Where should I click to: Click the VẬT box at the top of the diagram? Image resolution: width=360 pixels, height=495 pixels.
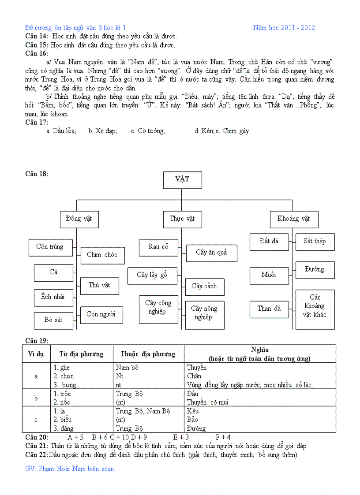(x=182, y=180)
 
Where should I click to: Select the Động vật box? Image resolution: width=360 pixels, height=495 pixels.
(x=79, y=219)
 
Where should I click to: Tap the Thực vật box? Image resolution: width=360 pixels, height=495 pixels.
(x=182, y=219)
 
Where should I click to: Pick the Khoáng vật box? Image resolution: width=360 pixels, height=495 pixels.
(x=294, y=219)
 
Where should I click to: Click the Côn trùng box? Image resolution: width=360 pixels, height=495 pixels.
(x=50, y=247)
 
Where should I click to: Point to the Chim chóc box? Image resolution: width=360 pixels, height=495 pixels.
(x=102, y=255)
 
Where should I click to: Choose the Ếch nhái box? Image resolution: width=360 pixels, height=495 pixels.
(x=53, y=298)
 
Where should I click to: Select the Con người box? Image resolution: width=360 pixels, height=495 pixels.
(x=101, y=315)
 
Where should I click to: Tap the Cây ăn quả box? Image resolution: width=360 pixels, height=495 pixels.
(x=212, y=253)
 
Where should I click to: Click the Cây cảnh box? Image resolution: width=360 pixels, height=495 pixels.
(x=204, y=287)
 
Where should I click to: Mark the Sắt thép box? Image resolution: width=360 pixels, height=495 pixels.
(x=315, y=242)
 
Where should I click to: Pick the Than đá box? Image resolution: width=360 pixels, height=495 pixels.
(x=269, y=309)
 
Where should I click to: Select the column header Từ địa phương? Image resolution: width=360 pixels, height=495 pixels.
(x=82, y=354)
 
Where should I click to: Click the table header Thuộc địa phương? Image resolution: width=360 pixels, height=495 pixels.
(x=148, y=354)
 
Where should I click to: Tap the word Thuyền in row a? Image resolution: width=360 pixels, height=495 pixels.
(x=197, y=368)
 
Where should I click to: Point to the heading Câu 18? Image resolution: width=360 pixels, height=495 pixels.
(x=37, y=174)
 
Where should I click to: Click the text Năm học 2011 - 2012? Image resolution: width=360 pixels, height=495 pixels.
(x=284, y=28)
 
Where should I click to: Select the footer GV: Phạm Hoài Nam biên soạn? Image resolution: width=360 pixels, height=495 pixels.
(x=70, y=469)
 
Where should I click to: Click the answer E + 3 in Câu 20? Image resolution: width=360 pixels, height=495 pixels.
(x=181, y=437)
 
